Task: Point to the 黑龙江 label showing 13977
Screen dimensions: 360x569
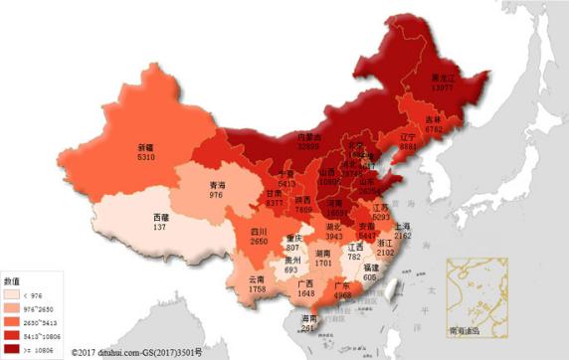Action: click(445, 83)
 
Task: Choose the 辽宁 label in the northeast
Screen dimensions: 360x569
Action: click(408, 140)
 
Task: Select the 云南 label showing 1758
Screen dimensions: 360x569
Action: click(257, 285)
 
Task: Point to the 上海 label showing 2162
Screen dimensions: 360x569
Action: click(403, 233)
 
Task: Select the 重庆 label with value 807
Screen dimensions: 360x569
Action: click(293, 243)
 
